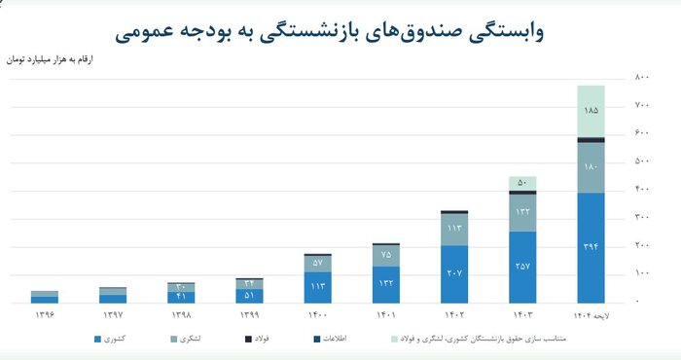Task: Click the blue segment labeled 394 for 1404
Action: [x=591, y=247]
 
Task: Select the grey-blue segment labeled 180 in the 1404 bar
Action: [x=591, y=167]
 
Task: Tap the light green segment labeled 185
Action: [x=591, y=112]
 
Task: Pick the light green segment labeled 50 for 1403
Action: [x=522, y=183]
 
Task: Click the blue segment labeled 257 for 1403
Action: [x=522, y=267]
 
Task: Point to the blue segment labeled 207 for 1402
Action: [x=453, y=273]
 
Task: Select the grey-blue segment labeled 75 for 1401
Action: [x=385, y=255]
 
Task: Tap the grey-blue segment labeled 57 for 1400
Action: [x=317, y=263]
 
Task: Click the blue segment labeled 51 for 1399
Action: [x=249, y=296]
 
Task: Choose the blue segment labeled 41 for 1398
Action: [x=181, y=297]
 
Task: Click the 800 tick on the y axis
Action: [x=642, y=76]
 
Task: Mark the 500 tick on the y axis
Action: [x=642, y=161]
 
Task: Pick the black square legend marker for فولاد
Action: [x=248, y=340]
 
